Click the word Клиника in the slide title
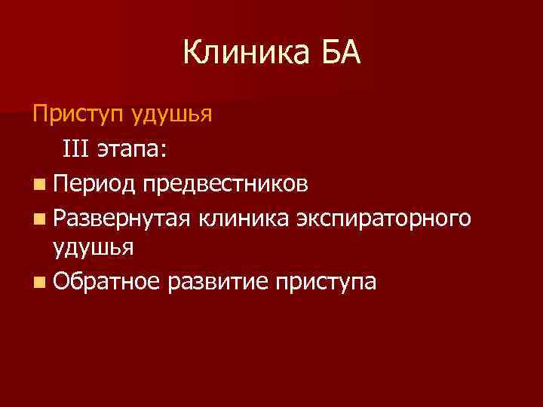[x=242, y=54]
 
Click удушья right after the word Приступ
[x=171, y=116]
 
